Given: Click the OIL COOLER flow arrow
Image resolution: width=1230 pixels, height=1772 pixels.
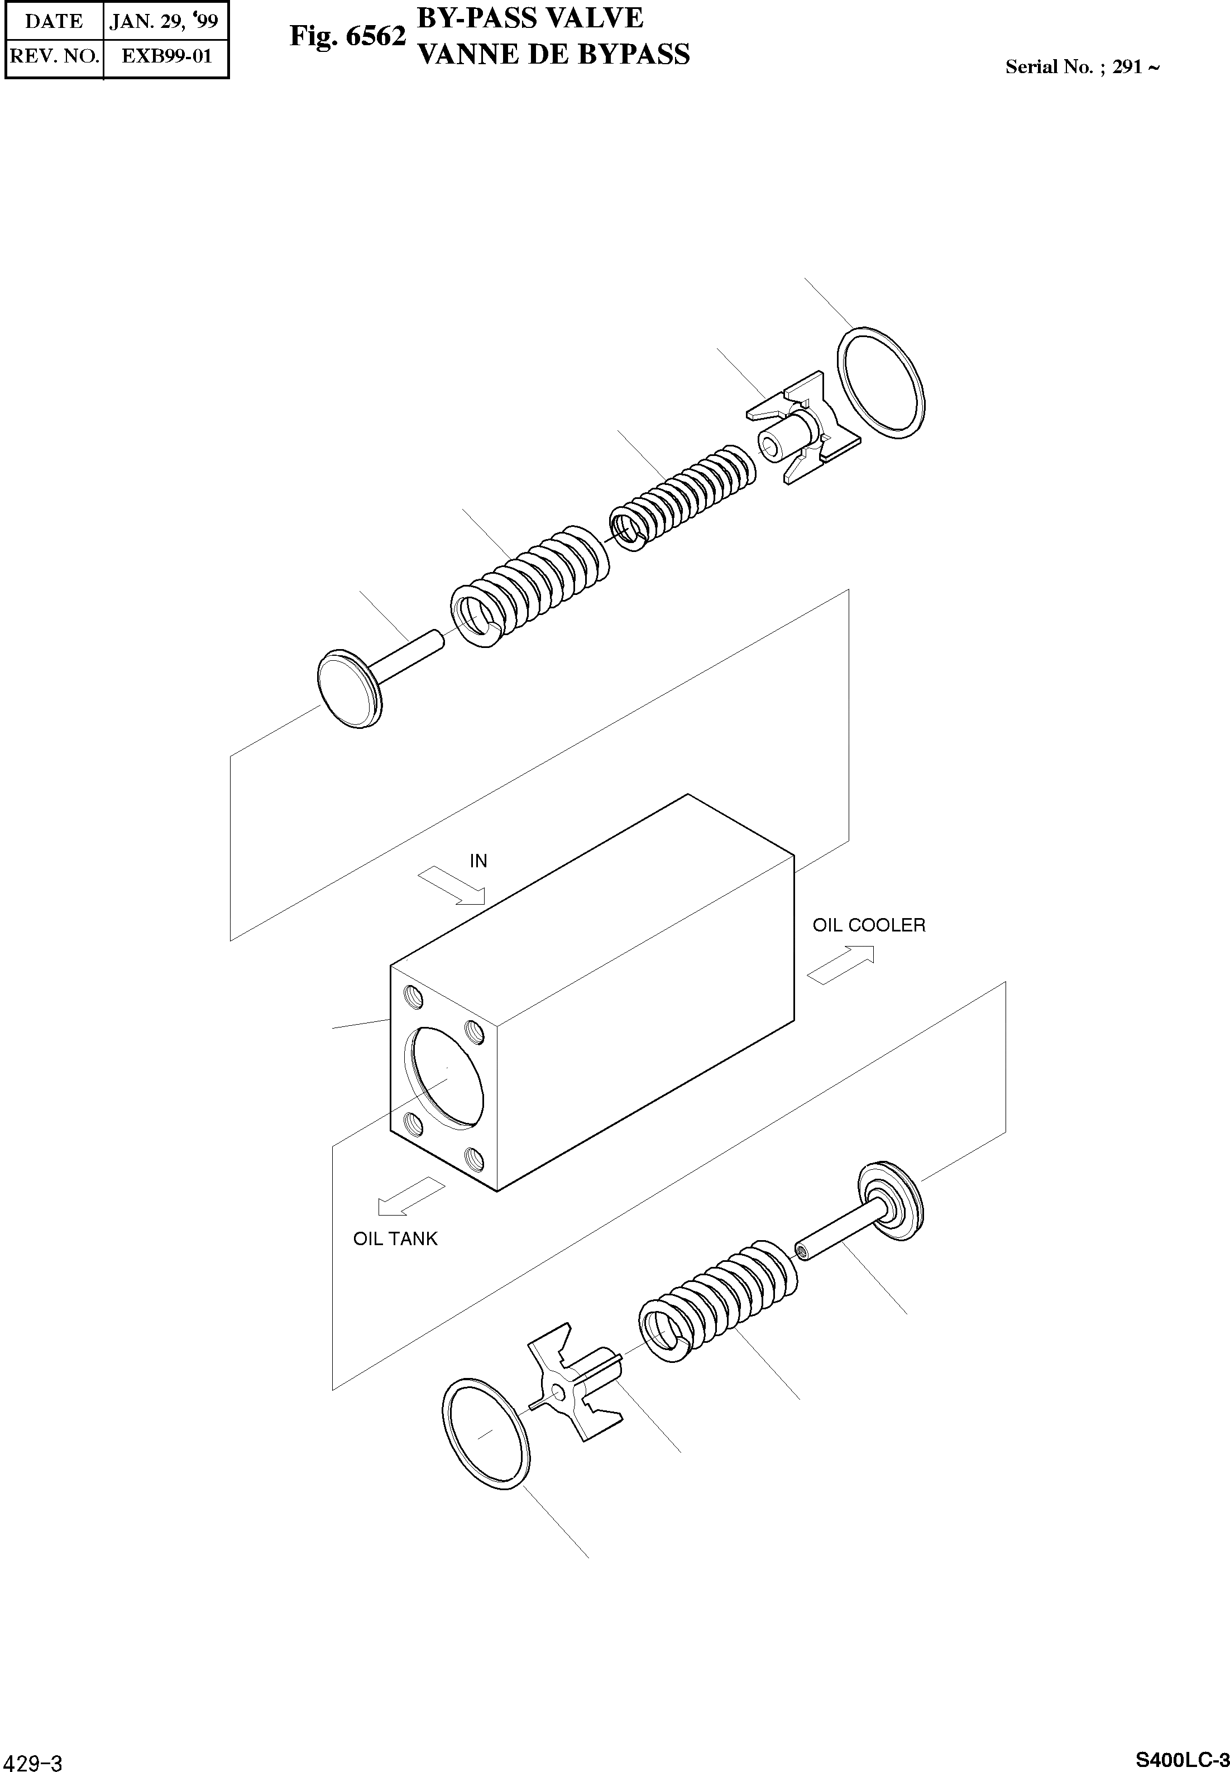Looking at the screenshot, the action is tap(841, 964).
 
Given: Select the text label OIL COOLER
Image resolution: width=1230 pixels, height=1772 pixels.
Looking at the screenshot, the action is tap(869, 925).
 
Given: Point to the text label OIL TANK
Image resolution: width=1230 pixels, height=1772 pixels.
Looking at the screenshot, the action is tap(395, 1239).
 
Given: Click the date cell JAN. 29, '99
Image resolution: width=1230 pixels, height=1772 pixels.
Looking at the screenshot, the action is tap(164, 21).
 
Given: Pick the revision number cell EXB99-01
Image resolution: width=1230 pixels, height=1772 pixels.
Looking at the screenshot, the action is tap(166, 56).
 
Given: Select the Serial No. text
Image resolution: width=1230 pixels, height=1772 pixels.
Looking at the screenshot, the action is tap(1081, 67).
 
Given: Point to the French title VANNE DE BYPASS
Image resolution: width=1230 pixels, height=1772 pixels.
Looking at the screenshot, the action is tap(553, 55).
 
